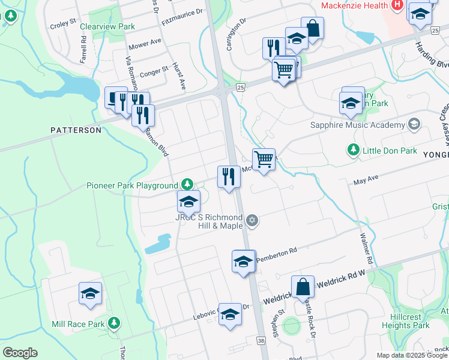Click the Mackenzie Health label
pyautogui.click(x=354, y=5)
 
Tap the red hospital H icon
pyautogui.click(x=397, y=5)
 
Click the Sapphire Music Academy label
pyautogui.click(x=357, y=125)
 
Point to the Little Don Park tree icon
pyautogui.click(x=354, y=150)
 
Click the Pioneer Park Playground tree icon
pyautogui.click(x=188, y=185)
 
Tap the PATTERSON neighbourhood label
pyautogui.click(x=76, y=130)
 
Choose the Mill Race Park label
pyautogui.click(x=78, y=324)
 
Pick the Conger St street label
pyautogui.click(x=154, y=73)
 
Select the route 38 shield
pyautogui.click(x=261, y=340)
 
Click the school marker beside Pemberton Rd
pyautogui.click(x=243, y=262)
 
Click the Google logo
pyautogui.click(x=20, y=353)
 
